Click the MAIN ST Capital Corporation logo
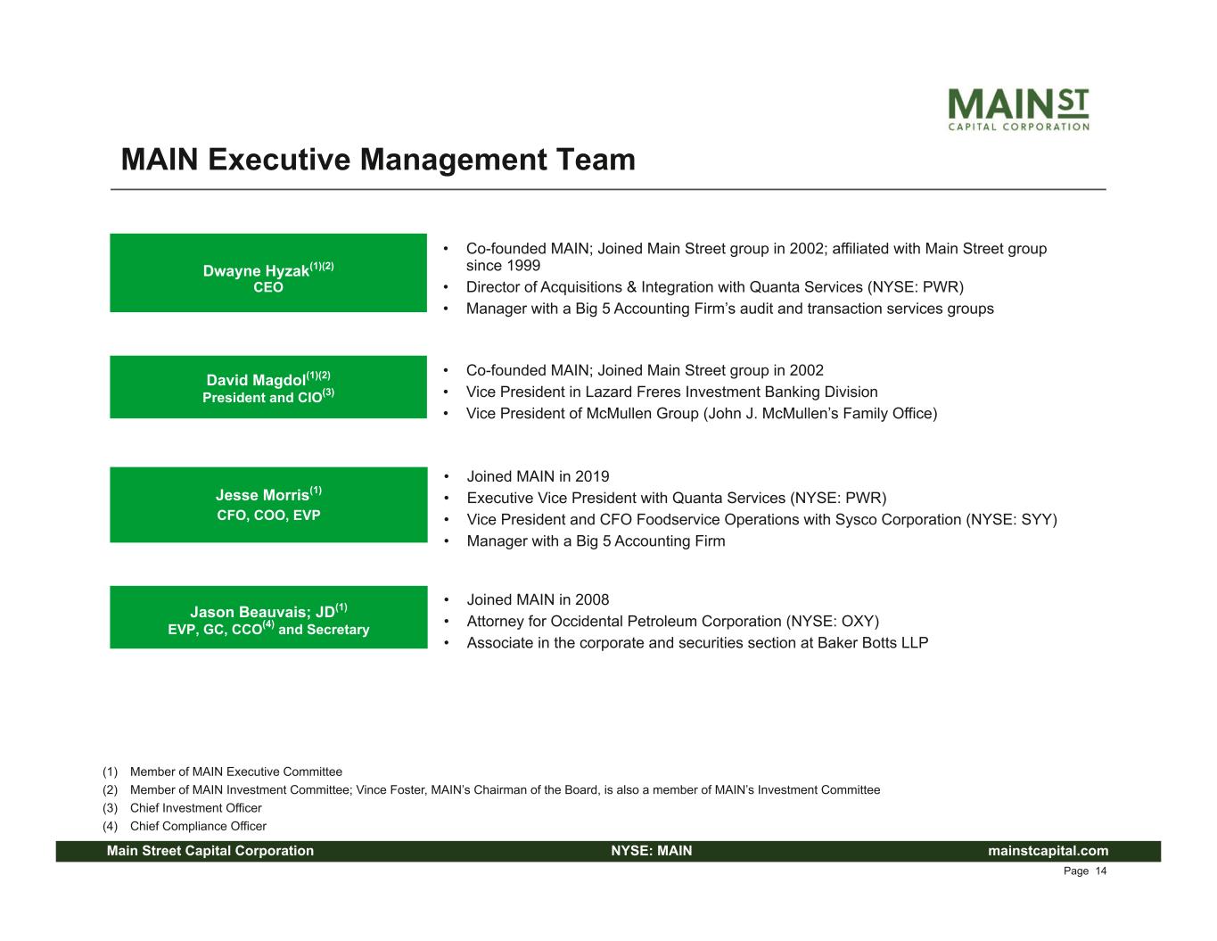point(1018,109)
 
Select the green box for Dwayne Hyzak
point(268,273)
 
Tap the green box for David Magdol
point(268,387)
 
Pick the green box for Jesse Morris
point(268,505)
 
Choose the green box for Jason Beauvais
point(268,617)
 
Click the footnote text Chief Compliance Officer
point(198,826)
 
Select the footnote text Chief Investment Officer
point(196,808)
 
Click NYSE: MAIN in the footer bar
point(652,851)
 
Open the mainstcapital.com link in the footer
point(1048,851)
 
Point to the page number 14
point(1101,871)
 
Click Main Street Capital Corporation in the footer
point(210,851)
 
